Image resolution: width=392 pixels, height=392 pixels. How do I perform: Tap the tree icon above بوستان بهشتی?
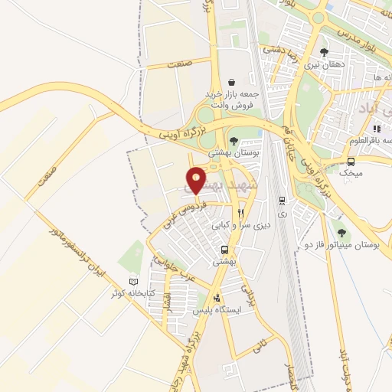click(x=234, y=140)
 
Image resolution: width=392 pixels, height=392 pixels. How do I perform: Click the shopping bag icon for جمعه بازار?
click(x=231, y=82)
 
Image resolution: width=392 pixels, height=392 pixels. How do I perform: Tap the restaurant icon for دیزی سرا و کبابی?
click(x=241, y=213)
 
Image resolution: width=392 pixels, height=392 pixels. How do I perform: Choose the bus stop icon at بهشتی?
click(x=224, y=250)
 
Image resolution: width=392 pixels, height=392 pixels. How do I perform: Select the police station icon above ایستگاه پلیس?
click(x=219, y=297)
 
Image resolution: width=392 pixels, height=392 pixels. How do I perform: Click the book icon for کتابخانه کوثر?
click(x=136, y=281)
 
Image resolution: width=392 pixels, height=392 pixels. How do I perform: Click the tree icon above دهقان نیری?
click(x=325, y=52)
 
